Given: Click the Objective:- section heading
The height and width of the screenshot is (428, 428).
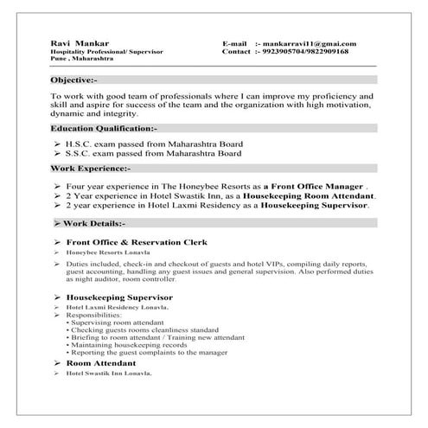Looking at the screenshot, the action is (80, 79).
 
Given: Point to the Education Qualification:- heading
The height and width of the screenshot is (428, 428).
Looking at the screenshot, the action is (104, 128).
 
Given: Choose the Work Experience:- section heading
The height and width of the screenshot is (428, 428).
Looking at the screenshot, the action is (91, 169).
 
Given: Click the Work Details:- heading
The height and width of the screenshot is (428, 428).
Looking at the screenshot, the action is (95, 223).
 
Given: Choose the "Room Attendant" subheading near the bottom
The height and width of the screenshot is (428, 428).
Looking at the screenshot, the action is (100, 364).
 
